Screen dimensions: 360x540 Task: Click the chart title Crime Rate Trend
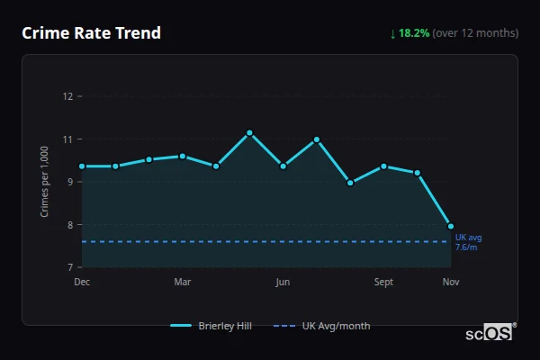tap(91, 33)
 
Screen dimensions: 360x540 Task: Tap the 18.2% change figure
tap(414, 33)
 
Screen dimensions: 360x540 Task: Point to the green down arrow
tap(392, 33)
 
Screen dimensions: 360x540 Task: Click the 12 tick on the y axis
tap(67, 96)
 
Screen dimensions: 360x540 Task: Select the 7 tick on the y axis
tap(69, 267)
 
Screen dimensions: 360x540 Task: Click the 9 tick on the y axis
tap(69, 182)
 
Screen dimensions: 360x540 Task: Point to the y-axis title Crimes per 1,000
tap(45, 182)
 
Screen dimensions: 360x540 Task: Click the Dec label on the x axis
tap(82, 282)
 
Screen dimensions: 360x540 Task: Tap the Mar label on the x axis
tap(183, 282)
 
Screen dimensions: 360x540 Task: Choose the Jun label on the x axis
tap(283, 282)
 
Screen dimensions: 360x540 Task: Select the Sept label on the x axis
tap(383, 282)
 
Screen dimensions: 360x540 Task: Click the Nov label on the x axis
tap(451, 282)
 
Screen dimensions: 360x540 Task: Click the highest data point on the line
tap(249, 133)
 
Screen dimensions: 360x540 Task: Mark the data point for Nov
tap(451, 226)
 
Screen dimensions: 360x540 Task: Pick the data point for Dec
tap(82, 166)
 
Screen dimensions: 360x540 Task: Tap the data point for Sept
tap(383, 166)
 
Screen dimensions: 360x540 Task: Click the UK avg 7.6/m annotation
tap(468, 242)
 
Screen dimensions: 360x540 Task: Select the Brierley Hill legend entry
tap(207, 326)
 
